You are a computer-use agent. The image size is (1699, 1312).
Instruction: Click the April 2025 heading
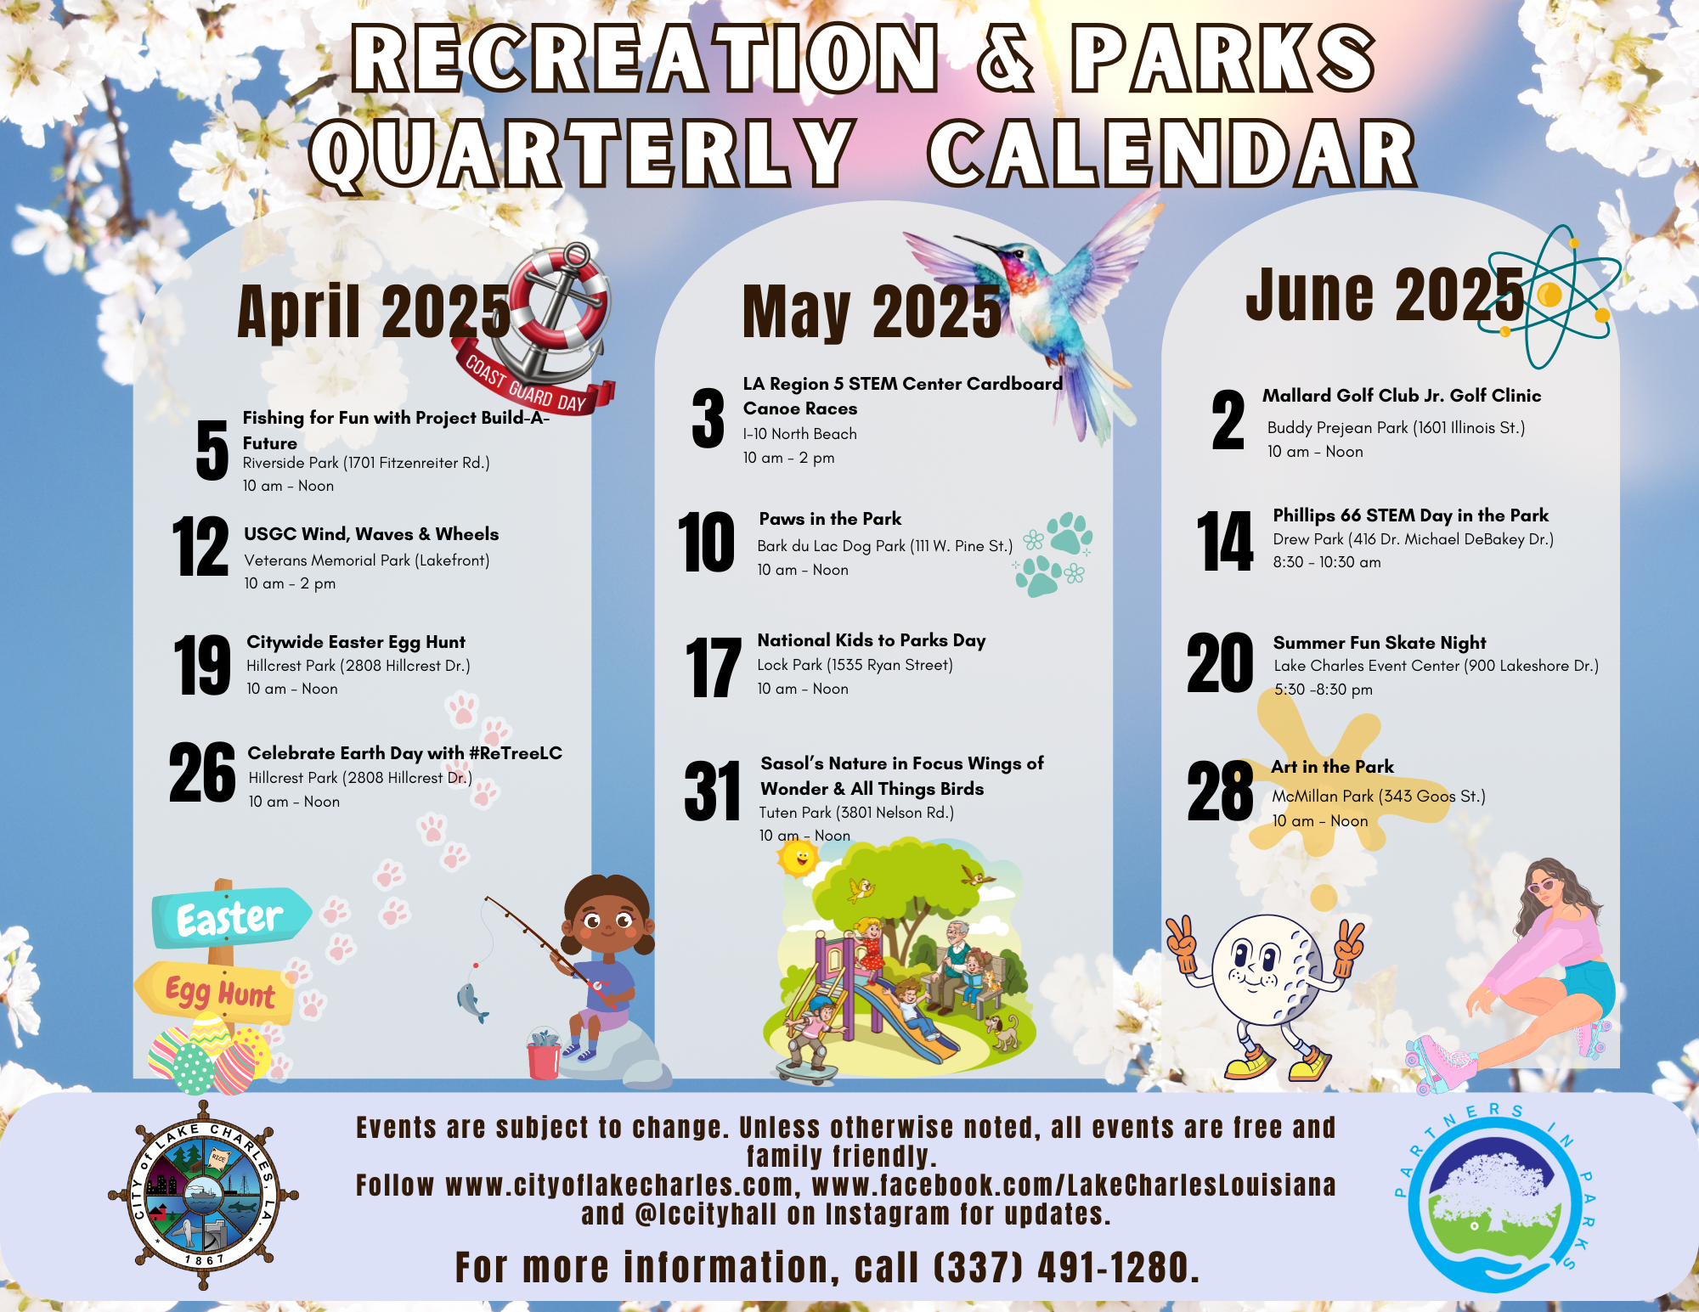point(374,312)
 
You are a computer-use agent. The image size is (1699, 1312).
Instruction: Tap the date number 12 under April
point(200,547)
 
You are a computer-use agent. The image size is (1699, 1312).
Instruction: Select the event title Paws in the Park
point(830,519)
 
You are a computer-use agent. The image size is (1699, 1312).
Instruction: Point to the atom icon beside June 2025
point(1551,296)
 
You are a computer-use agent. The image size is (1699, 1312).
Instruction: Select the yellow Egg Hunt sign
point(217,991)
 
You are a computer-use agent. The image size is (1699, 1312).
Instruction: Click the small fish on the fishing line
point(472,1003)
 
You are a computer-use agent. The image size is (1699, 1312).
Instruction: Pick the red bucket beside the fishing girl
point(544,1058)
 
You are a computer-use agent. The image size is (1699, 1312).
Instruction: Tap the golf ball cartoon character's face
point(1265,967)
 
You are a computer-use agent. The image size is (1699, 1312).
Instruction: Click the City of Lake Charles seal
point(203,1196)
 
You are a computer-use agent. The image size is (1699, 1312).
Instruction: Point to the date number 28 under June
point(1220,791)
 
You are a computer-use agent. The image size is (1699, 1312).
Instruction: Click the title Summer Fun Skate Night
point(1380,642)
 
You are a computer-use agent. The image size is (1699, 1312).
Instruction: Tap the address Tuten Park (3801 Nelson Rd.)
point(856,813)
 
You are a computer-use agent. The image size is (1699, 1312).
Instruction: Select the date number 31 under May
point(712,791)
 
